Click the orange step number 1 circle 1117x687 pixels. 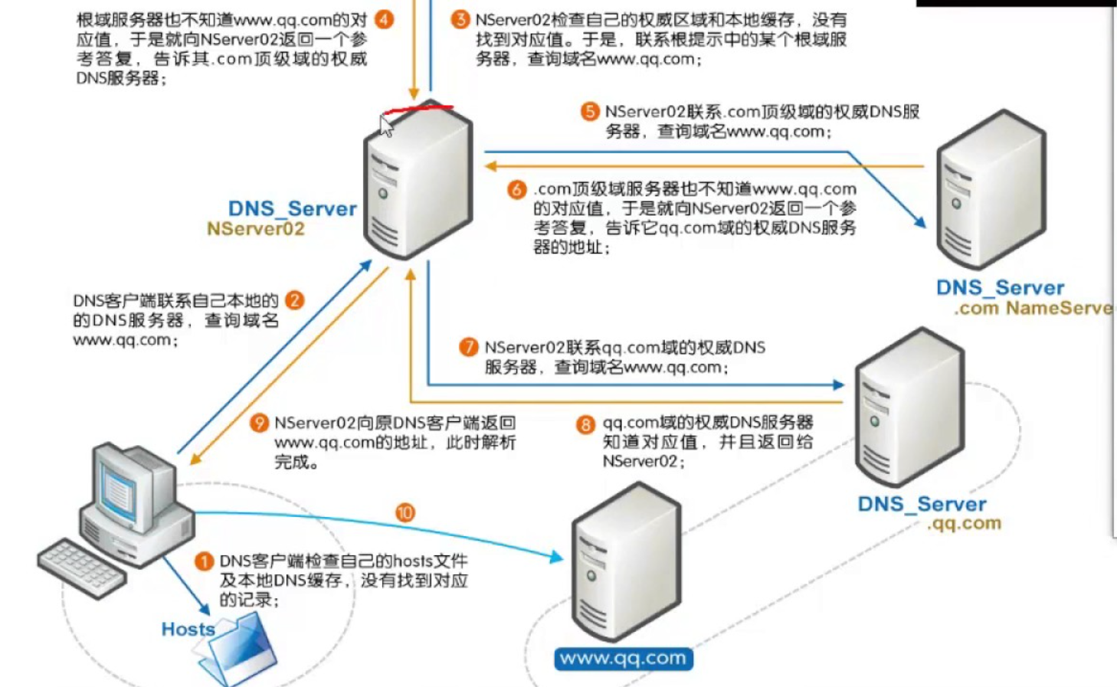click(x=204, y=562)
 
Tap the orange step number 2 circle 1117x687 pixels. click(x=294, y=300)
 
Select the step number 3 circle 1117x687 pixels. click(x=460, y=19)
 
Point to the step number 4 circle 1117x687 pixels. click(x=384, y=19)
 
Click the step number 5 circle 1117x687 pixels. click(x=589, y=112)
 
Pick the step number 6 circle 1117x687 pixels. click(x=517, y=189)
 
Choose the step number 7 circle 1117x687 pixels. click(x=468, y=348)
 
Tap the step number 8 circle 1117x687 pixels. click(x=585, y=424)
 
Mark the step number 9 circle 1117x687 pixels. click(x=260, y=423)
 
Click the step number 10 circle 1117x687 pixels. click(x=405, y=512)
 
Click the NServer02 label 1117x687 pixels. click(x=256, y=229)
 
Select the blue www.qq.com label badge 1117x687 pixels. click(x=623, y=659)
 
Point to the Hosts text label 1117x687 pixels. click(x=188, y=630)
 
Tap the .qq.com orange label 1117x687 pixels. click(x=964, y=524)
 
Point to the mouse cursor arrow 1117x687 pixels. click(x=385, y=125)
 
